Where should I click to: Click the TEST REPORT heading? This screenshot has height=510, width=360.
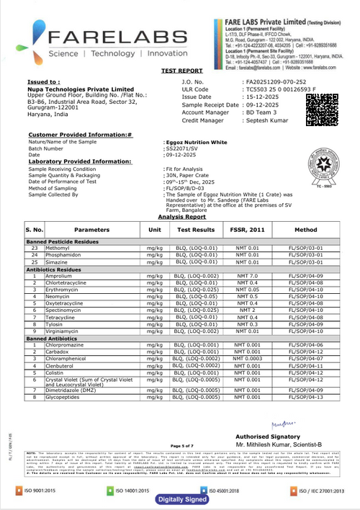coord(181,72)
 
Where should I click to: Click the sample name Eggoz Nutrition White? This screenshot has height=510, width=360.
coord(195,143)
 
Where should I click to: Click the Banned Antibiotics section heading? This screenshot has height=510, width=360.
coord(55,338)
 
